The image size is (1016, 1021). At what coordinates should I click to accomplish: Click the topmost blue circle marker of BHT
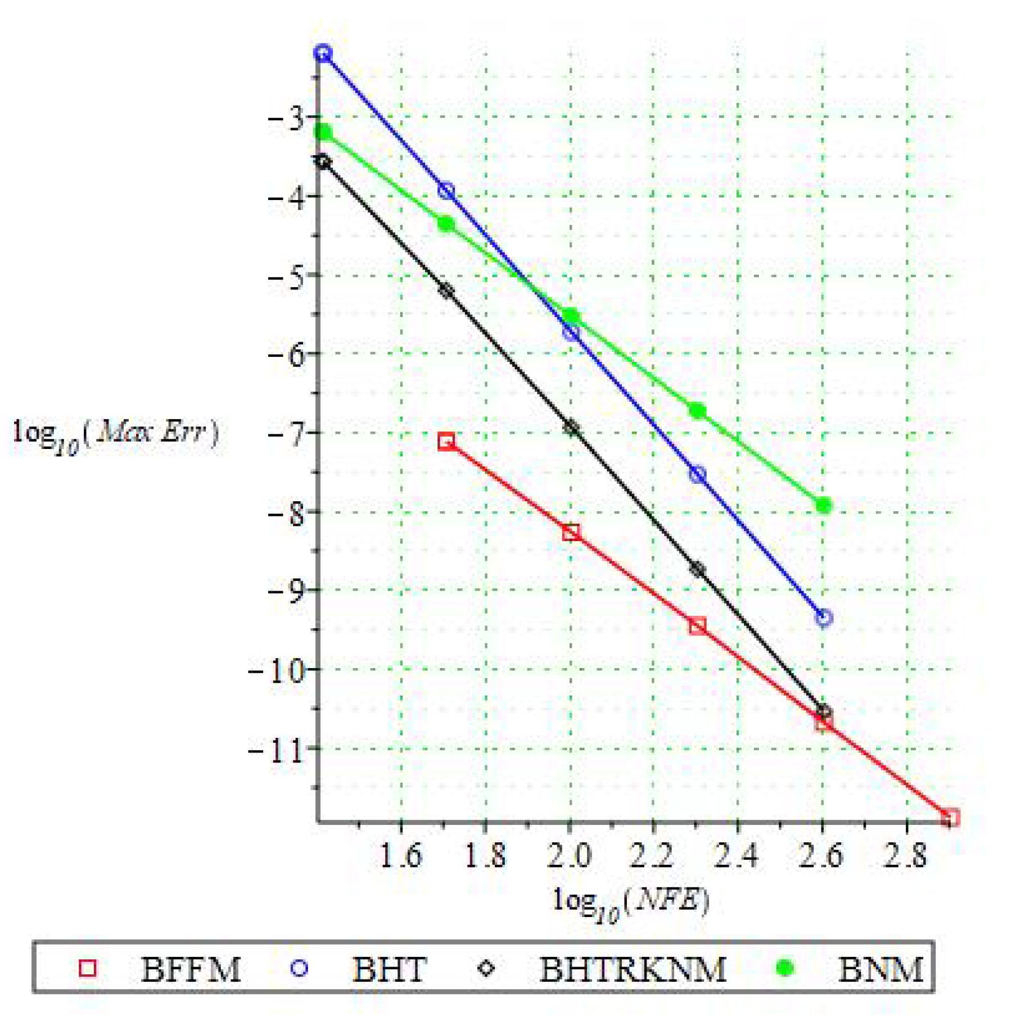tap(323, 53)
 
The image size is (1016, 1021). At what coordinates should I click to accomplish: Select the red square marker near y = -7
tap(446, 441)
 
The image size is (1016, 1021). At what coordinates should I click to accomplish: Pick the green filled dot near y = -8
tap(823, 505)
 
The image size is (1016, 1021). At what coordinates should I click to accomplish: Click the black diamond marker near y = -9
tap(697, 569)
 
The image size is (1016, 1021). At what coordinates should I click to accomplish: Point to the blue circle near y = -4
tap(446, 190)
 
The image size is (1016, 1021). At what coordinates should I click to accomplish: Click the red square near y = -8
tap(571, 532)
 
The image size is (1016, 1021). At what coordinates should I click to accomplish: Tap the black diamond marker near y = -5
tap(446, 291)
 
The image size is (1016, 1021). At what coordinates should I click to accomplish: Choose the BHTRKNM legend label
tap(633, 969)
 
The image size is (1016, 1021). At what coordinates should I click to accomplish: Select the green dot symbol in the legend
tap(784, 968)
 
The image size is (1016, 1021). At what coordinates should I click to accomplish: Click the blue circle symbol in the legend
tap(299, 968)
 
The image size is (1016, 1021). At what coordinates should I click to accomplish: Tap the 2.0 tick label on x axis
tap(570, 856)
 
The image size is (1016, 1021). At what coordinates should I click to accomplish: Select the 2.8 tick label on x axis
tap(905, 856)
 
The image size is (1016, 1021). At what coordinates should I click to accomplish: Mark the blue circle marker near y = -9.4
tap(823, 618)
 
